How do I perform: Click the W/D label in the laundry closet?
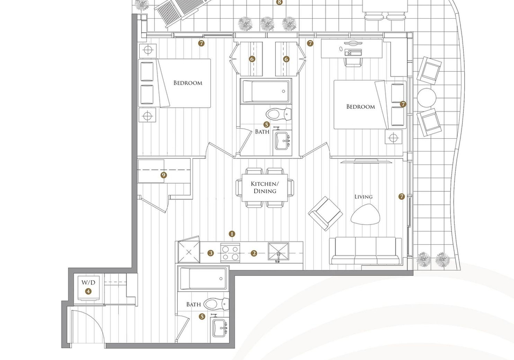coord(88,282)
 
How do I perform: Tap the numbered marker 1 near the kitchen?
coord(232,234)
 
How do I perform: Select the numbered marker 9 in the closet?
coord(164,175)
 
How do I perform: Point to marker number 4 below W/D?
coord(88,291)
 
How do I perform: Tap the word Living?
coord(364,197)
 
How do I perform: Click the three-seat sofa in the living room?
coord(366,251)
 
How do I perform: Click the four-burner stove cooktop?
coord(230,252)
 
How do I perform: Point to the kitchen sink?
coord(278,252)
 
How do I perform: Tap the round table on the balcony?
coord(427,97)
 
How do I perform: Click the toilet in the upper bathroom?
coord(278,114)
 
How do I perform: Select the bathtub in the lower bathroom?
coord(203,279)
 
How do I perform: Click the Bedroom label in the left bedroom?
coord(188,82)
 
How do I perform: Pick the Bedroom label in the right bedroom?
coord(360,107)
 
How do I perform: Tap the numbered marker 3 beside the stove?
coord(210,253)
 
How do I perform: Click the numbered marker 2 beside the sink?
coord(254,253)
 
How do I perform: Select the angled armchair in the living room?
coord(326,213)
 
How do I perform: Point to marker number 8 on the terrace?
coord(279,2)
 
